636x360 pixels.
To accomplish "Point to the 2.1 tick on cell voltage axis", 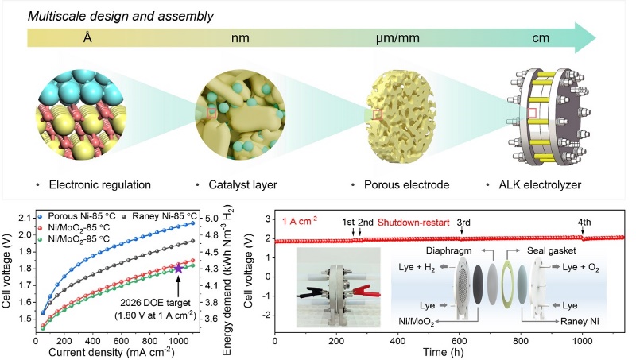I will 22,217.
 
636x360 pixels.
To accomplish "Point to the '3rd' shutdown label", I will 463,223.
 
